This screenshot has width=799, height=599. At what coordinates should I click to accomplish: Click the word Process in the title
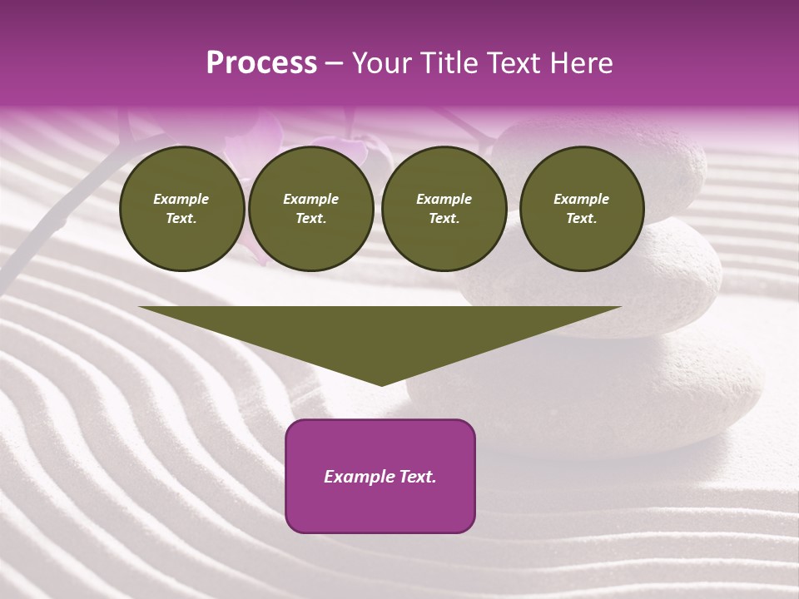tap(261, 63)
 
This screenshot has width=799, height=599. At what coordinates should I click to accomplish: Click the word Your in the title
tap(382, 63)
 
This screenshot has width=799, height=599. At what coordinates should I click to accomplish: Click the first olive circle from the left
tap(181, 209)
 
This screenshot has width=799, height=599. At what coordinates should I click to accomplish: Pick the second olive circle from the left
tap(311, 209)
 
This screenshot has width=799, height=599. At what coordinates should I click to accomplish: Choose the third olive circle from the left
tap(444, 209)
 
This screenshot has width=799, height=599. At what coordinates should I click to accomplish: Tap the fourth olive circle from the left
tap(582, 209)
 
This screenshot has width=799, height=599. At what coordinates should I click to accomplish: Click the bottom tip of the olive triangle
tap(380, 384)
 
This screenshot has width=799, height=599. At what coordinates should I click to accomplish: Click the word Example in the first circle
tap(181, 200)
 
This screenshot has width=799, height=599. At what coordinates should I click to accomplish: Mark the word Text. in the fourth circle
tap(582, 219)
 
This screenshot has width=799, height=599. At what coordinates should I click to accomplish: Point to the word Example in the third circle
tap(444, 200)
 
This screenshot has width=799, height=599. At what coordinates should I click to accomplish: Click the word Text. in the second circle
tap(311, 219)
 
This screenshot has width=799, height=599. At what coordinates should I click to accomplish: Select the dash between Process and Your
tap(334, 63)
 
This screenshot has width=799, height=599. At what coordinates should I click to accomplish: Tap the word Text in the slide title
tap(507, 63)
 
